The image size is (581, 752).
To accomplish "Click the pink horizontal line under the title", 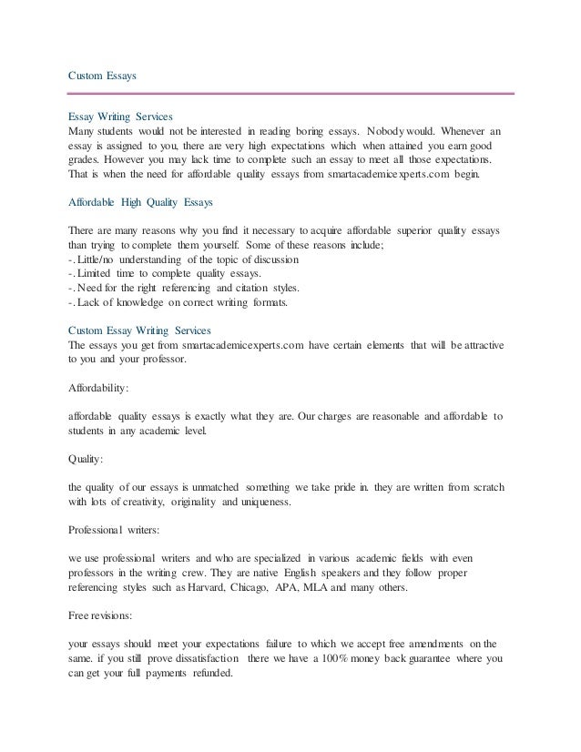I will [x=291, y=92].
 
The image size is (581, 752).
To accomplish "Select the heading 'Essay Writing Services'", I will [x=121, y=117].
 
